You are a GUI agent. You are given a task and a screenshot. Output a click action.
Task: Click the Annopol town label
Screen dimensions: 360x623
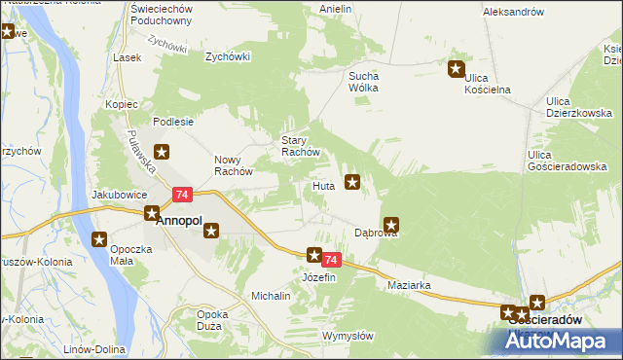[179, 221]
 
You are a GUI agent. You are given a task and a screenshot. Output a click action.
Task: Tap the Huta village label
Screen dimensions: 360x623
[324, 185]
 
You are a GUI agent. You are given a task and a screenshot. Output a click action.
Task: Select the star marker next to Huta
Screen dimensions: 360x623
[353, 180]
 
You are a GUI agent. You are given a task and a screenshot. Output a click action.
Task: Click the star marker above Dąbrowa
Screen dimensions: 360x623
[392, 224]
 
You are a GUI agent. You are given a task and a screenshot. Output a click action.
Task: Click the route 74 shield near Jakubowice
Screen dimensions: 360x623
[181, 195]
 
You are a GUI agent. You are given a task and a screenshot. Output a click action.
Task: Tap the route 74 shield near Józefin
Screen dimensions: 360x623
[332, 260]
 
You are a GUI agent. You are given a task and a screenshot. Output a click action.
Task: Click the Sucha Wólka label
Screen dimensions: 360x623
[363, 82]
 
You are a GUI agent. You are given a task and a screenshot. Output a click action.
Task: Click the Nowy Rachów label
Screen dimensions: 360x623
[233, 165]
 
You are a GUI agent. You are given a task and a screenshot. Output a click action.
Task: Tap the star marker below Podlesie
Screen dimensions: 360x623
[163, 151]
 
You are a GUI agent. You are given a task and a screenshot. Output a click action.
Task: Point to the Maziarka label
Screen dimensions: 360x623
[409, 285]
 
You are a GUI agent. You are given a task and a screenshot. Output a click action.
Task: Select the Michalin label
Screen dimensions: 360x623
[272, 295]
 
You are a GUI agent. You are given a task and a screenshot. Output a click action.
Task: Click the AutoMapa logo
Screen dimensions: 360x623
[562, 341]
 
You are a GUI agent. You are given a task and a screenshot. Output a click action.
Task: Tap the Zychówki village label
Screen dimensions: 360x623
[227, 56]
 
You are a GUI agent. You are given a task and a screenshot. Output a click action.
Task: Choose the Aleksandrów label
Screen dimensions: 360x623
[512, 12]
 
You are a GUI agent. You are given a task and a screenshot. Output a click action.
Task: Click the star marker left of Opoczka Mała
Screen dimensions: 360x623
[99, 238]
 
